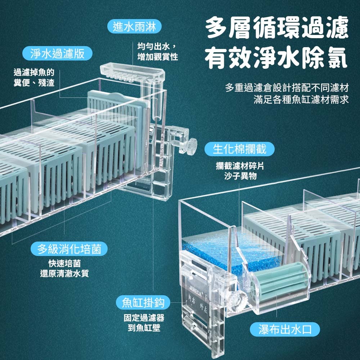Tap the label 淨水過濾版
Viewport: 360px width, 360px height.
[x=58, y=54]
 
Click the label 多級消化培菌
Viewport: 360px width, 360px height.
[x=69, y=249]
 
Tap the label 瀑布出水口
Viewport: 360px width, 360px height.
[x=285, y=329]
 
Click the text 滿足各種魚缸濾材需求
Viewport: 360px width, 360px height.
[x=301, y=99]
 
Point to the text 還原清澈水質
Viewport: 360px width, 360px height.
[x=64, y=274]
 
